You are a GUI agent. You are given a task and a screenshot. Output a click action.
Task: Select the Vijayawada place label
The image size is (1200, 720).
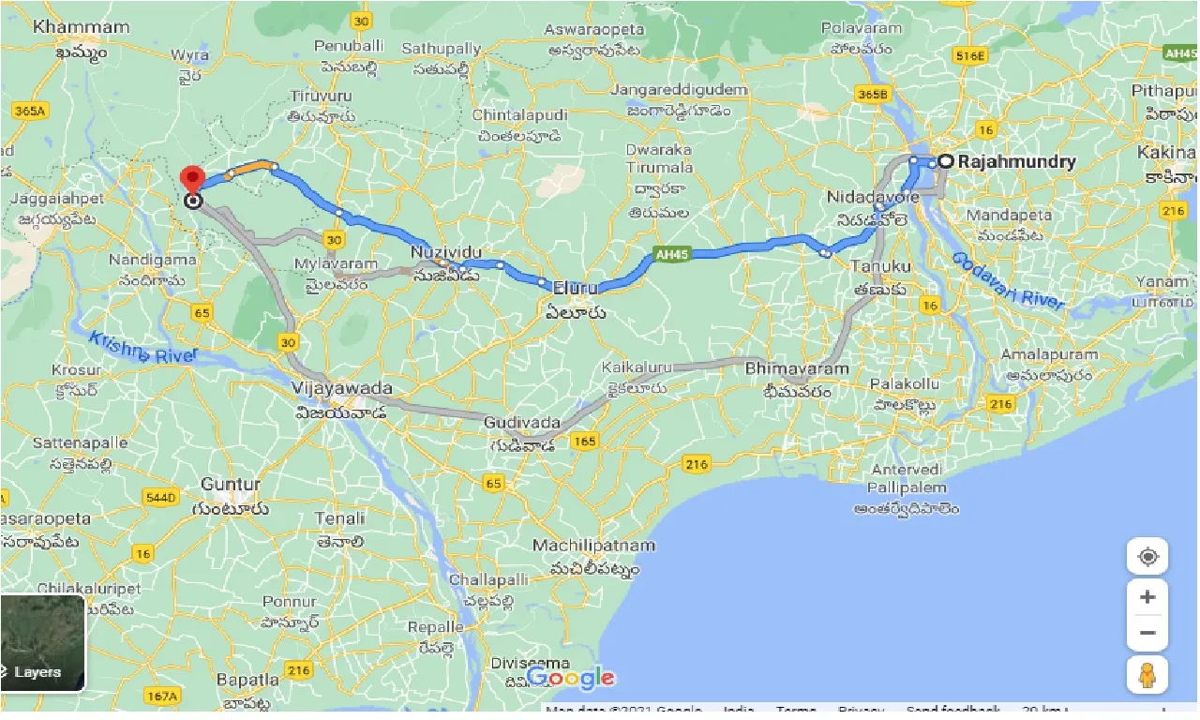[342, 388]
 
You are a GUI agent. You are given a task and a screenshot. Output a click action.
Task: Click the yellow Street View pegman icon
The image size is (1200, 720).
[1147, 675]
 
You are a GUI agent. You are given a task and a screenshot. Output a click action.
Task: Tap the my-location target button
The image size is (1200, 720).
[1147, 557]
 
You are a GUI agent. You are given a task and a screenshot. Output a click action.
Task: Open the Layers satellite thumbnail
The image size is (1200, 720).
[42, 643]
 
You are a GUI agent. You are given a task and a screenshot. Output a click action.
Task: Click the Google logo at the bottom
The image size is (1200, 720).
[571, 677]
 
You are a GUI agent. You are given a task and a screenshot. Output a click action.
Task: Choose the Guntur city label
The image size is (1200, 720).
[231, 485]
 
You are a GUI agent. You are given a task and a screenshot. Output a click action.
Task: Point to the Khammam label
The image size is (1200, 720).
[81, 27]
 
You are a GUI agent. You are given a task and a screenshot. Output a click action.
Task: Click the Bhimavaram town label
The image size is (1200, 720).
[797, 368]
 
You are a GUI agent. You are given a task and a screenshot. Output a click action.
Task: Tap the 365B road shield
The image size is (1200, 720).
[872, 94]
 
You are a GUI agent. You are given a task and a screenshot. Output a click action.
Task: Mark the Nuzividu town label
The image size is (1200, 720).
[446, 253]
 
